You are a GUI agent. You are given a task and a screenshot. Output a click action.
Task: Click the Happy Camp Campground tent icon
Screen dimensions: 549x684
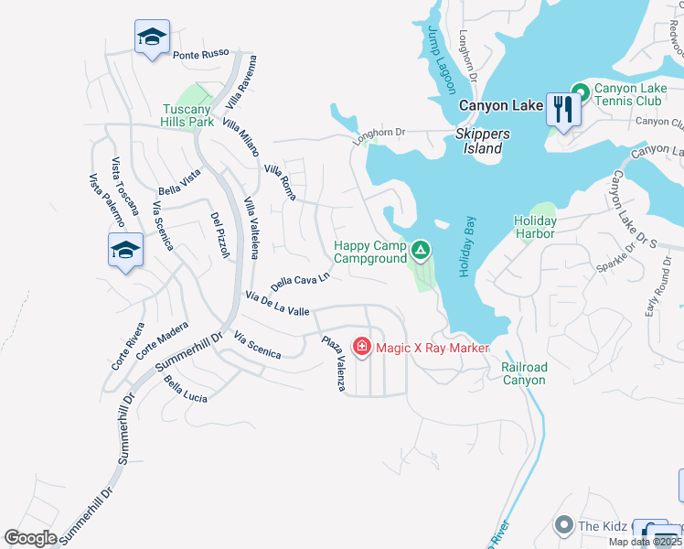pyautogui.click(x=420, y=249)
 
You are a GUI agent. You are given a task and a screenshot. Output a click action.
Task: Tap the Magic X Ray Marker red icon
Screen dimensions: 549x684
pyautogui.click(x=362, y=347)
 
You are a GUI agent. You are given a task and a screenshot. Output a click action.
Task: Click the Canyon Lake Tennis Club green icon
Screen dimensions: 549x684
pyautogui.click(x=579, y=91)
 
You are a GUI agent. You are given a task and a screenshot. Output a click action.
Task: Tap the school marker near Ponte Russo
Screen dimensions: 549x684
pyautogui.click(x=151, y=38)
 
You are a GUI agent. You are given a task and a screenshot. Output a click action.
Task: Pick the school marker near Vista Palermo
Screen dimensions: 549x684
pyautogui.click(x=125, y=249)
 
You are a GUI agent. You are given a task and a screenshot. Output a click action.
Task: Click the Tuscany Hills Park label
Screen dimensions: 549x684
pyautogui.click(x=187, y=114)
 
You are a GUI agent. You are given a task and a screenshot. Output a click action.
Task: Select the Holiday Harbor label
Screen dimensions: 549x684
pyautogui.click(x=535, y=227)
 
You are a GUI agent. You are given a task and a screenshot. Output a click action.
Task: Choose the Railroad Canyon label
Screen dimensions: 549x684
pyautogui.click(x=524, y=373)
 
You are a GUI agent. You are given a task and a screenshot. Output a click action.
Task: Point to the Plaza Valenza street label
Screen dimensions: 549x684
pyautogui.click(x=333, y=364)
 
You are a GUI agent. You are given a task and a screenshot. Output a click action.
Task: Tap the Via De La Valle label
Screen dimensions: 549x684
pyautogui.click(x=277, y=304)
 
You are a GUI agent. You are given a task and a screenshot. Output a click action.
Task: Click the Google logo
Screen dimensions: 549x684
pyautogui.click(x=30, y=537)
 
